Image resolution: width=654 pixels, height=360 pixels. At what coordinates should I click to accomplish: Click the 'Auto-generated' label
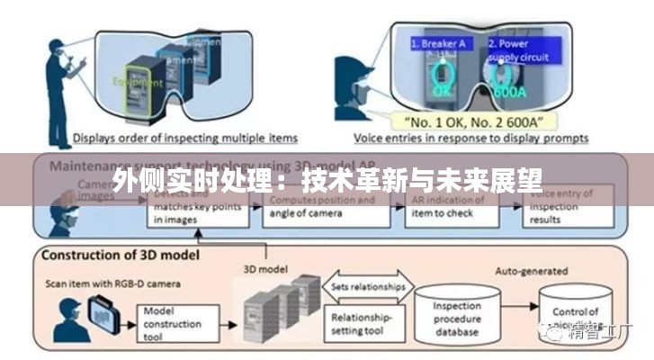pyautogui.click(x=531, y=269)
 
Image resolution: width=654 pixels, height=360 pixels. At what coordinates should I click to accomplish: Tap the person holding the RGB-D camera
pyautogui.click(x=73, y=315)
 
